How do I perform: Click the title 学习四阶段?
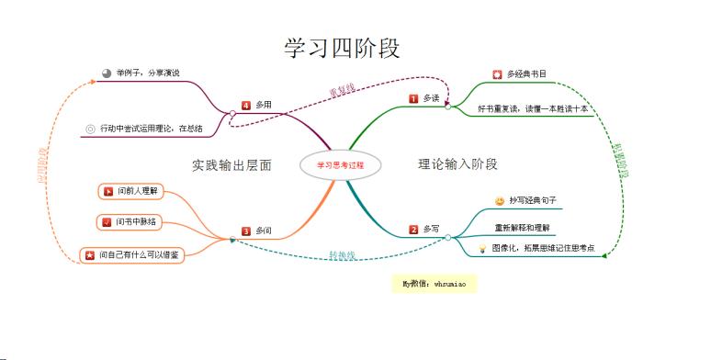pyautogui.click(x=342, y=48)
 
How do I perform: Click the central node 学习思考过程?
pyautogui.click(x=340, y=165)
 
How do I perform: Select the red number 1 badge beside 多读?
pyautogui.click(x=413, y=98)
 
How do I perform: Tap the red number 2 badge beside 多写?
pyautogui.click(x=414, y=229)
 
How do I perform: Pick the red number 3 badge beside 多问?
pyautogui.click(x=246, y=231)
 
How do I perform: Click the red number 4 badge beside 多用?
pyautogui.click(x=245, y=105)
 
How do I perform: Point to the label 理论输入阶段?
pyautogui.click(x=457, y=164)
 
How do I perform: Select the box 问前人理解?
pyautogui.click(x=134, y=191)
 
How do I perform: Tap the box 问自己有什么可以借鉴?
pyautogui.click(x=132, y=254)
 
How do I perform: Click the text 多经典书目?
pyautogui.click(x=525, y=73)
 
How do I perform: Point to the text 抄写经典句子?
pyautogui.click(x=533, y=199)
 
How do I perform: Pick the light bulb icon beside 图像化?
pyautogui.click(x=481, y=248)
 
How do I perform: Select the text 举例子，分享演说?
pyautogui.click(x=147, y=73)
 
